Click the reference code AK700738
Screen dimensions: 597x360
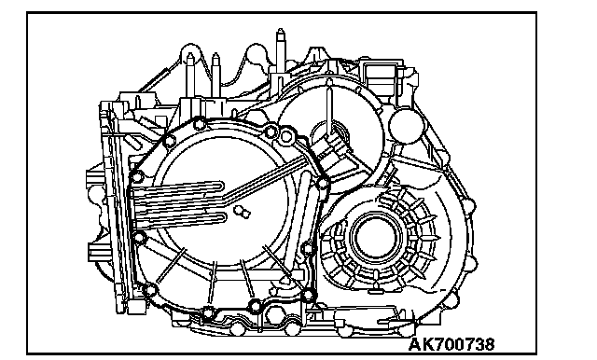click(x=451, y=344)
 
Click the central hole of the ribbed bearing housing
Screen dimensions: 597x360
click(x=376, y=237)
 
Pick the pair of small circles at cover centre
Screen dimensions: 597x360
click(x=242, y=212)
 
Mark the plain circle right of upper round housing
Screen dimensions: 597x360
click(x=406, y=126)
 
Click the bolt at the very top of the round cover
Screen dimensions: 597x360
click(x=199, y=124)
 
